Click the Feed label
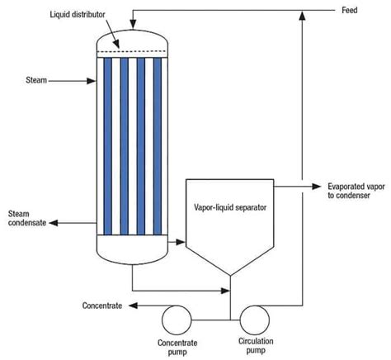point(350,11)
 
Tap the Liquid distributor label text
point(78,14)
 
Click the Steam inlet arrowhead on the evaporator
point(92,81)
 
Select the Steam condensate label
point(27,218)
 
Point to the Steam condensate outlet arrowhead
point(54,223)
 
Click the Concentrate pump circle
point(177,320)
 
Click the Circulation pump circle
point(255,320)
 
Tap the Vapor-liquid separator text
point(230,207)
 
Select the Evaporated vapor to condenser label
point(356,191)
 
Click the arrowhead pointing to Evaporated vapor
point(317,187)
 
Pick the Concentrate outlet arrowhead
point(134,306)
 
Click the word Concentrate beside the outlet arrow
point(102,306)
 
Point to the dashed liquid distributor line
point(132,51)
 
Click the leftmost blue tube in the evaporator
point(108,146)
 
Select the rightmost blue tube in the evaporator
point(158,146)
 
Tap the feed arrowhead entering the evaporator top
point(133,24)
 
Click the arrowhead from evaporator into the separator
point(181,242)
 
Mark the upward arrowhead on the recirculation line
point(303,16)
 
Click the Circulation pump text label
point(256,346)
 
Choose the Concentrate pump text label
point(177,348)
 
